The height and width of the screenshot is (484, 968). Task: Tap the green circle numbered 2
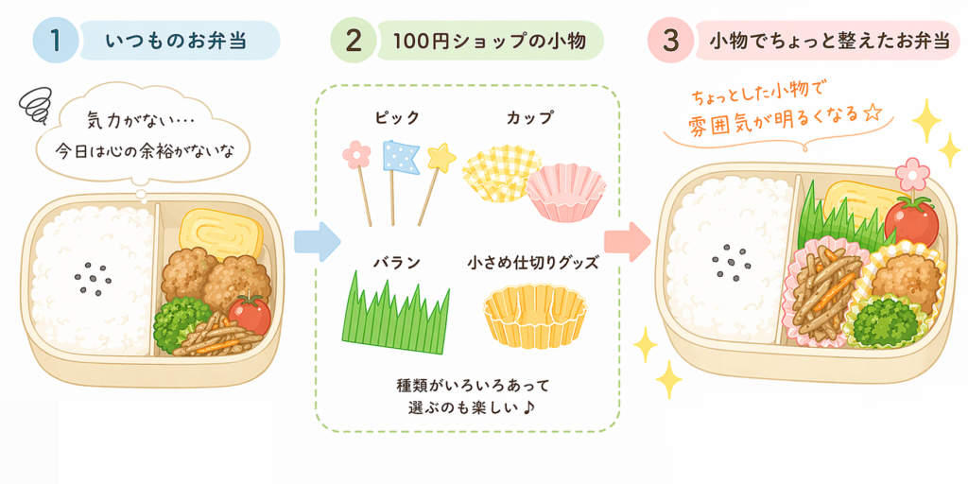pyautogui.click(x=354, y=41)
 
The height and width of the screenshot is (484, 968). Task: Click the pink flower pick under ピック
pyautogui.click(x=356, y=155)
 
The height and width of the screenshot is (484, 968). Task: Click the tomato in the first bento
pyautogui.click(x=250, y=313)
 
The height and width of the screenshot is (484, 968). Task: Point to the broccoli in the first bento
pyautogui.click(x=181, y=320)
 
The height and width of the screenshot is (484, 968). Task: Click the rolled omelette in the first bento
pyautogui.click(x=220, y=232)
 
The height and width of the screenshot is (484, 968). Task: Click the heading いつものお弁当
pyautogui.click(x=177, y=41)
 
